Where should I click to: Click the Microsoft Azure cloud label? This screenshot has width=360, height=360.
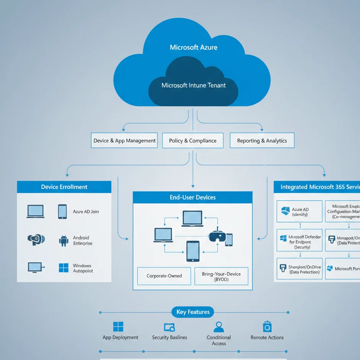(x=193, y=47)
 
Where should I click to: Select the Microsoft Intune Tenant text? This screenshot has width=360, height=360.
(x=193, y=85)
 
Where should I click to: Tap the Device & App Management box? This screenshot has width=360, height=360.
(x=125, y=141)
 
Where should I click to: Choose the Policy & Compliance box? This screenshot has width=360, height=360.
(x=193, y=141)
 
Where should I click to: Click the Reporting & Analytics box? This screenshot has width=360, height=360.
(x=262, y=141)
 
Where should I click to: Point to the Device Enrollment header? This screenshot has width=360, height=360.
(x=64, y=187)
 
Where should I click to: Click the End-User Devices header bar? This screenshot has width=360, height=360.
(x=193, y=197)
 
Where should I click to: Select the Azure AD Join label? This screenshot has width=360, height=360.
(x=86, y=211)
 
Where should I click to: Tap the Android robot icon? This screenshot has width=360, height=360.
(x=63, y=240)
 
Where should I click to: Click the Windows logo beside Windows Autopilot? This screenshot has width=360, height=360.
(x=63, y=268)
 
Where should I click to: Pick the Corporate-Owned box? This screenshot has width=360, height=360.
(x=164, y=276)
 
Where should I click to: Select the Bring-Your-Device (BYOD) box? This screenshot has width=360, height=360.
(x=221, y=276)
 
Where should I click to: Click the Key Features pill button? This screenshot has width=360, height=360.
(x=193, y=312)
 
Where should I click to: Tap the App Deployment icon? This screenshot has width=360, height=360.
(x=118, y=327)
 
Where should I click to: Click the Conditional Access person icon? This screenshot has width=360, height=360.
(x=219, y=327)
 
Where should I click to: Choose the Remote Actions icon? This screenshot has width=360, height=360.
(x=267, y=326)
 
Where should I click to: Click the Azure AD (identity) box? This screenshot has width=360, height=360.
(x=299, y=211)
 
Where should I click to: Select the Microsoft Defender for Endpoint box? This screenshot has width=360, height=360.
(x=299, y=240)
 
